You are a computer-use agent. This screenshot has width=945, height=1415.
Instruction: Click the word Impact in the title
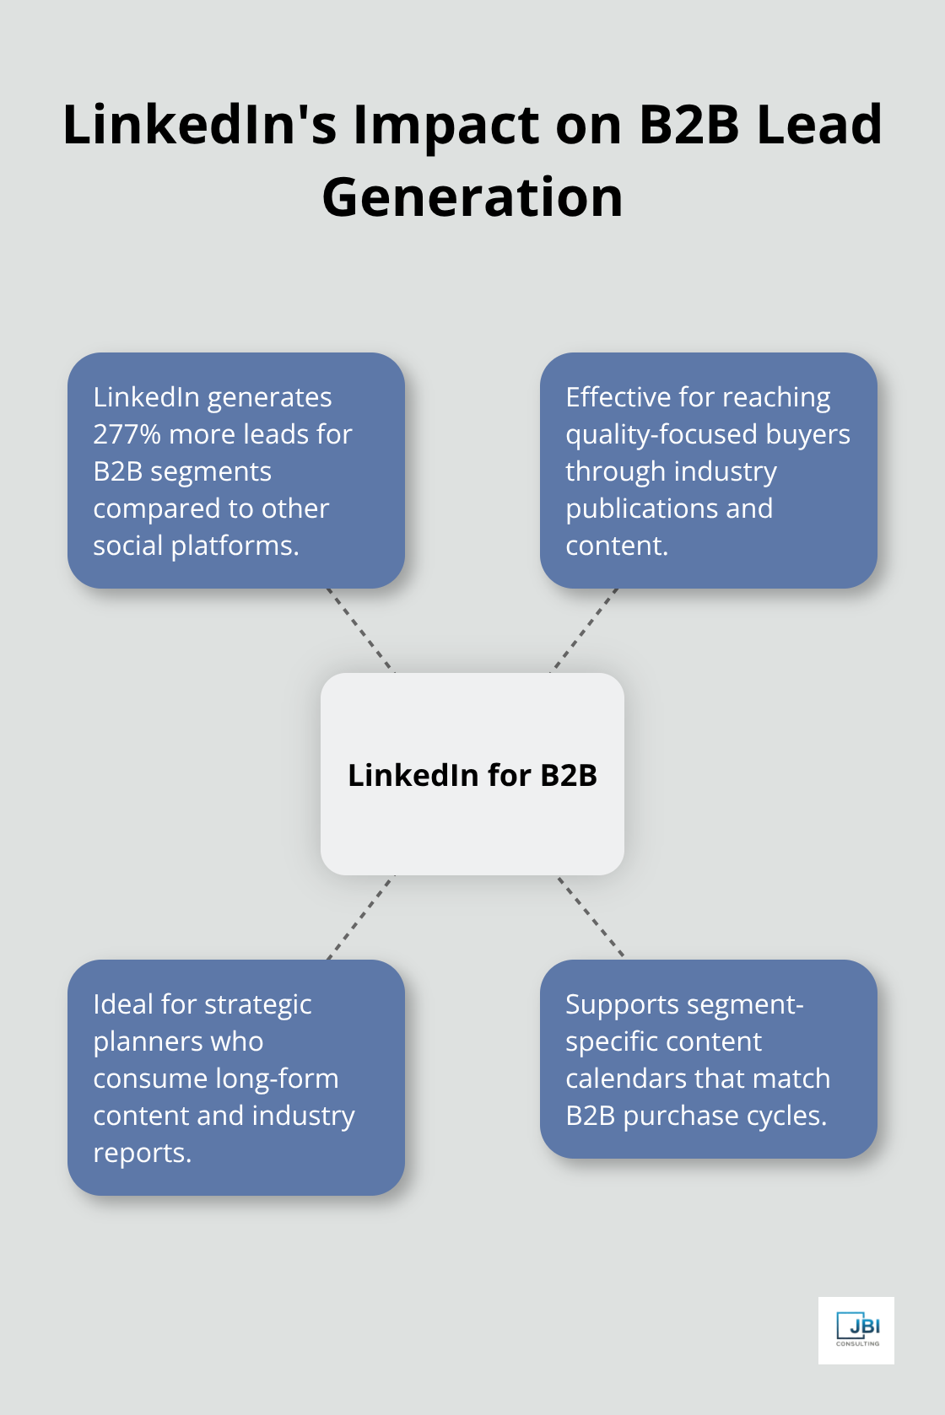(445, 125)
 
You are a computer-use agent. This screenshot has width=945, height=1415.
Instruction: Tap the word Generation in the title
(472, 198)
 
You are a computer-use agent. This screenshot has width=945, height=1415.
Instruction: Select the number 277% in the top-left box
(127, 434)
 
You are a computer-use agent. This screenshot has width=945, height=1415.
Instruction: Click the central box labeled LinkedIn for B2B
(472, 774)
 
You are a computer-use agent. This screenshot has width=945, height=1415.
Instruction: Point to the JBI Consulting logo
(856, 1330)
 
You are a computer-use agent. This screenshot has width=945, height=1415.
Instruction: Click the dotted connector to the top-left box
(360, 630)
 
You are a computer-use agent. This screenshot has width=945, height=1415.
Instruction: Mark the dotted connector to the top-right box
(585, 630)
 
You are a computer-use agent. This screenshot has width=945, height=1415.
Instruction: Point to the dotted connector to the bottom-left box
(360, 917)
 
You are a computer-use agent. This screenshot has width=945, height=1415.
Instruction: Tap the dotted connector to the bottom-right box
(591, 917)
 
